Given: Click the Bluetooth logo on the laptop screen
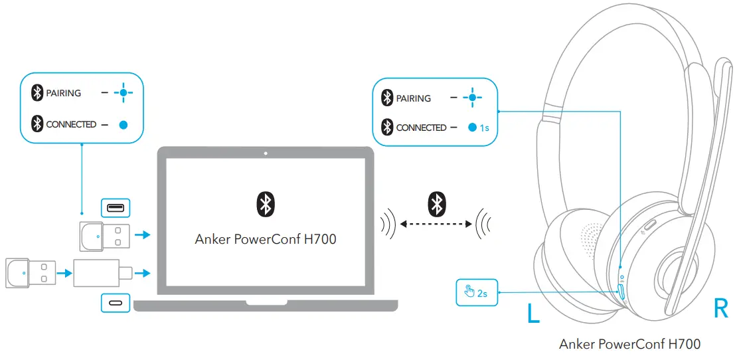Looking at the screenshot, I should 266,204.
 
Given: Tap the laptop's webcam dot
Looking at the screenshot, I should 266,153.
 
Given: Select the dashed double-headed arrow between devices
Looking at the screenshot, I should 436,225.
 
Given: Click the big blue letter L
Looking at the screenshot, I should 533,314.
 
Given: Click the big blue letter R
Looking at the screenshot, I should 721,309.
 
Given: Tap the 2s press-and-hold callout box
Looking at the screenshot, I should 477,292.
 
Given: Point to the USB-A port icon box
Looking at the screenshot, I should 116,209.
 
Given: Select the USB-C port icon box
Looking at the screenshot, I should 116,302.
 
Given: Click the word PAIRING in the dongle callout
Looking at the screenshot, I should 64,94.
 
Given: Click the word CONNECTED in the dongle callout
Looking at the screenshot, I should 71,124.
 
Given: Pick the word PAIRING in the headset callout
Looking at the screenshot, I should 414,98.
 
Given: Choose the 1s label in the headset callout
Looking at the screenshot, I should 484,128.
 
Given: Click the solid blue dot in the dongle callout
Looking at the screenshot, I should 123,124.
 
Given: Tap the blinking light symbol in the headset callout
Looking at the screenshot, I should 472,98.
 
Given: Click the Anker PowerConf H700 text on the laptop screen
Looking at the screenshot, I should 266,239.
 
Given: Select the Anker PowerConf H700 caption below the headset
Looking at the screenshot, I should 629,344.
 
